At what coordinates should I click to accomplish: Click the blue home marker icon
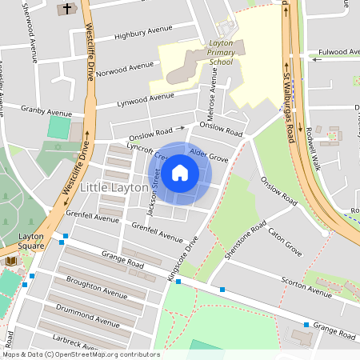(x=180, y=172)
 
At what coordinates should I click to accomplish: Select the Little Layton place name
(x=114, y=186)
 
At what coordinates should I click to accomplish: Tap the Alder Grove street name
(x=210, y=159)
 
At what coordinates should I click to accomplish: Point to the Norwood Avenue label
(x=124, y=66)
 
